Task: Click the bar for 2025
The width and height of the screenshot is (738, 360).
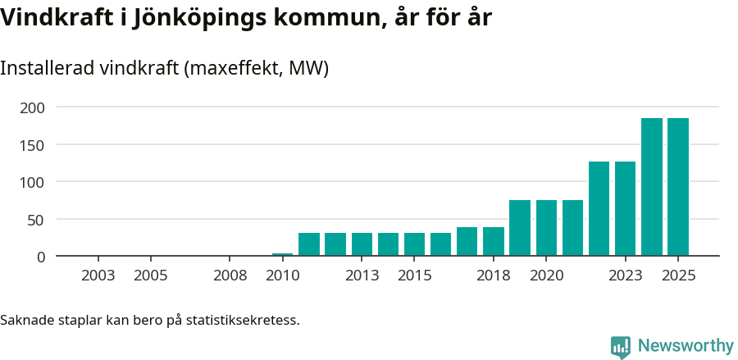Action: [x=677, y=187]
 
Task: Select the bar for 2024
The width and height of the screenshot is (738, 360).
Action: [x=651, y=187]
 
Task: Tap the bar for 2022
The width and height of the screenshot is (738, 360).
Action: [x=599, y=209]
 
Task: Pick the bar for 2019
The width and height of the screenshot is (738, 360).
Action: [x=520, y=228]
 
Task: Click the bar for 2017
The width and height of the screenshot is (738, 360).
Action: [x=467, y=242]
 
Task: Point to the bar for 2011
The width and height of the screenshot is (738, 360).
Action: [x=309, y=244]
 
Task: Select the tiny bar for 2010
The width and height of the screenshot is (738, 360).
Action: [x=282, y=254]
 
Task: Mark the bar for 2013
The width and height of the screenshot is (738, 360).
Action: [x=362, y=244]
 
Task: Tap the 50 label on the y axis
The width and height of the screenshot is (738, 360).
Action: [x=37, y=220]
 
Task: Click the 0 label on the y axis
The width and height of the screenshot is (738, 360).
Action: [x=41, y=257]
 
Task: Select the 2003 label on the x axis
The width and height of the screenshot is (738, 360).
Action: [x=98, y=276]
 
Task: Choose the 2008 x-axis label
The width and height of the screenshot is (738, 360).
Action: [x=230, y=276]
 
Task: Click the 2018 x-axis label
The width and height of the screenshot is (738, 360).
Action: [x=493, y=276]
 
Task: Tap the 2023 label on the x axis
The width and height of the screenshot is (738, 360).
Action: [x=625, y=276]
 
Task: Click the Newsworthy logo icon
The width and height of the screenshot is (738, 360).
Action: [x=621, y=347]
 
